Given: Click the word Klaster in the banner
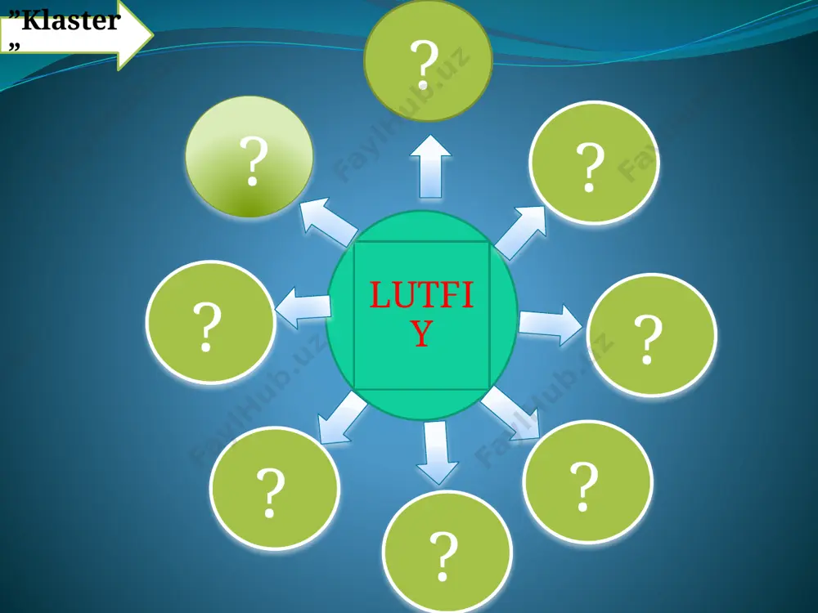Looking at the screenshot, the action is [x=71, y=21].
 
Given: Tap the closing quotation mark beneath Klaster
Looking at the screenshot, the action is [x=15, y=47].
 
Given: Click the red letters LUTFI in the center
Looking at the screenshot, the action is [x=421, y=295].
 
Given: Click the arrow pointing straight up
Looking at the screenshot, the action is [x=430, y=166].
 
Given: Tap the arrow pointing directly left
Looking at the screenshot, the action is [x=303, y=307].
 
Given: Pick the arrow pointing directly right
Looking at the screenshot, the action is [x=551, y=324].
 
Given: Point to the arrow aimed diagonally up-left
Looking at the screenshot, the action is [x=329, y=222].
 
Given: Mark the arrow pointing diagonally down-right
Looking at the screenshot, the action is [x=510, y=414].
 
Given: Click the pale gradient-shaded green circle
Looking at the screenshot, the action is [x=249, y=156].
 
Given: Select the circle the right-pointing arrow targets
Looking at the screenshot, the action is [x=652, y=335].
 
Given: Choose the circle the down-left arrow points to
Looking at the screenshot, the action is [x=275, y=489].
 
